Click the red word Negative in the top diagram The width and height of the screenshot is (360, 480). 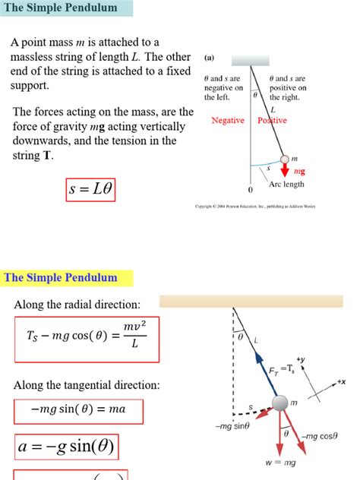pyautogui.click(x=228, y=121)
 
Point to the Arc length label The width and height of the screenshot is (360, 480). pyautogui.click(x=286, y=185)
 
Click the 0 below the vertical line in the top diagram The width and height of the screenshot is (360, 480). pyautogui.click(x=251, y=189)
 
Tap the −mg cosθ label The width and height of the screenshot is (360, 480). pyautogui.click(x=319, y=436)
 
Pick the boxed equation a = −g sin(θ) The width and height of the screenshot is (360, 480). pyautogui.click(x=66, y=447)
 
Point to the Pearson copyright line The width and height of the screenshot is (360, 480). pyautogui.click(x=254, y=206)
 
